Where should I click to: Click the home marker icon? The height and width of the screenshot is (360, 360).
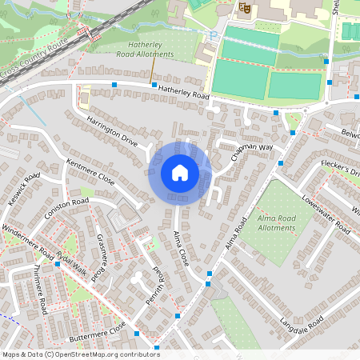pyautogui.click(x=180, y=172)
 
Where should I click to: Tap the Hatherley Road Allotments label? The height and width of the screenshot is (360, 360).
pyautogui.click(x=150, y=49)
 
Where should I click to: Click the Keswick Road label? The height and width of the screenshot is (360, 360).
pyautogui.click(x=22, y=190)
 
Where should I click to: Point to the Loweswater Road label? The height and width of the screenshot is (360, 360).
pyautogui.click(x=326, y=216)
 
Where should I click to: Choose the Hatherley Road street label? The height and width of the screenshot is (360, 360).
pyautogui.click(x=183, y=93)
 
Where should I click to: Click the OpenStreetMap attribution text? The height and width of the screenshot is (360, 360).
pyautogui.click(x=80, y=354)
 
